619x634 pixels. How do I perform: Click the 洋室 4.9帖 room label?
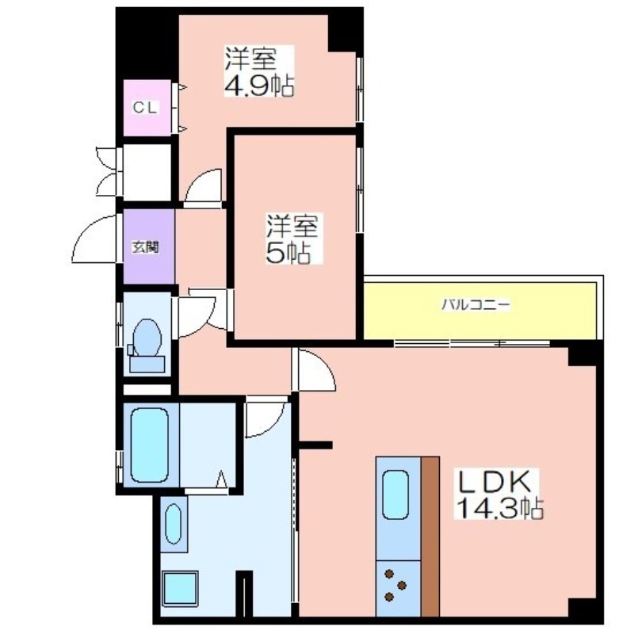tap(259, 71)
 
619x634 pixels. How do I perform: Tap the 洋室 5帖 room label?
tap(292, 239)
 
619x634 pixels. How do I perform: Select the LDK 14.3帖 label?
tap(500, 494)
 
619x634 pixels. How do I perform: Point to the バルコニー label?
tap(476, 304)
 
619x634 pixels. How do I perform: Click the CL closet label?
tap(145, 108)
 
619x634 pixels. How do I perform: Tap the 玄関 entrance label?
tap(146, 246)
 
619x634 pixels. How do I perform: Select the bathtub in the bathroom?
tap(150, 445)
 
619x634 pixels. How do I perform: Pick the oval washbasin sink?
tap(174, 524)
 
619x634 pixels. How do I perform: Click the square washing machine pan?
tap(181, 588)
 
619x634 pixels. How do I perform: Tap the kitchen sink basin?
tap(395, 495)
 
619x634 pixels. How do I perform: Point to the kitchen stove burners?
tap(395, 585)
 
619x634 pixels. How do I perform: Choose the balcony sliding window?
tap(472, 344)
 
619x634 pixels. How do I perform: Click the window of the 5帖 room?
tap(360, 189)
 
